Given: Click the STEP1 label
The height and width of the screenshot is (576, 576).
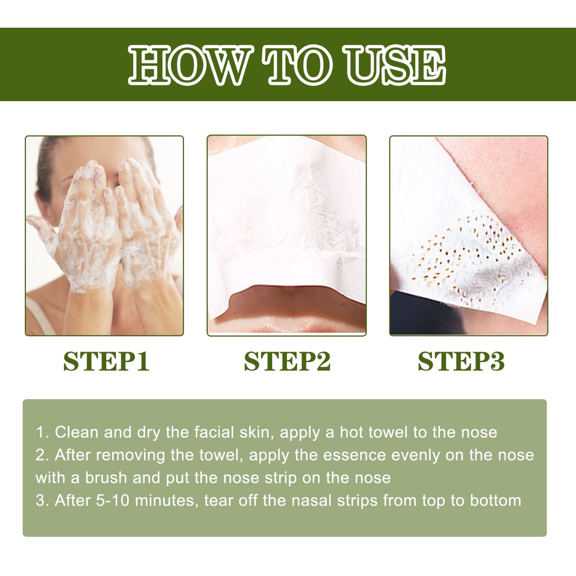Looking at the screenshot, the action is (x=106, y=362).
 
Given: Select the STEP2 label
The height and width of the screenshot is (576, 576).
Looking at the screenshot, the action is (x=287, y=362).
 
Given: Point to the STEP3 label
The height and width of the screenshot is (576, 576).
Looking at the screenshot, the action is (x=461, y=362).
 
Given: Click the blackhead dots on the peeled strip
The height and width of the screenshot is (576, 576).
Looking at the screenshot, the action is (x=466, y=254).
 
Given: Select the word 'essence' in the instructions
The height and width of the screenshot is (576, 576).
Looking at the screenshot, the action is (x=354, y=455).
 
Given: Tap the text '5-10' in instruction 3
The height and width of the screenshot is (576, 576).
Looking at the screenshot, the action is (x=112, y=501).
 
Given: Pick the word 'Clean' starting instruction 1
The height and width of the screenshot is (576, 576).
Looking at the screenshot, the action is (x=76, y=432).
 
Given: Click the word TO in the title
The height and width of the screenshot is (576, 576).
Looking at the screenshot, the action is (x=298, y=65).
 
